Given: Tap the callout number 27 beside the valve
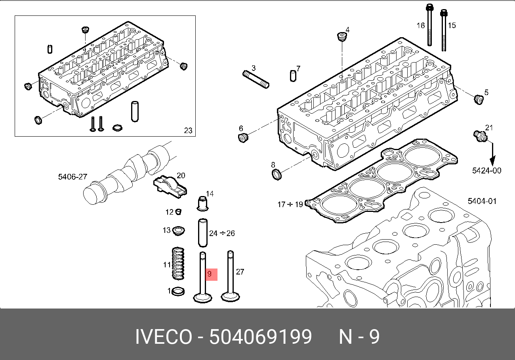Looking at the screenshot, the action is coord(240,272).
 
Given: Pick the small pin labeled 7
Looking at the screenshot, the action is coord(293,75).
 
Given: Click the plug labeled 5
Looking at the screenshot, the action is coord(479,99).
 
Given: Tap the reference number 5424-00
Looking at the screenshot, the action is coord(486,171).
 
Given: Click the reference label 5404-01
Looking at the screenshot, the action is coord(482,201).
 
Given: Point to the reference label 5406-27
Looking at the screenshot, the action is coord(72,177).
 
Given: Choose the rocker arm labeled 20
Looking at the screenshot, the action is coord(170,185).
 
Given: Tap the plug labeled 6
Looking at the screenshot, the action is coord(242,137).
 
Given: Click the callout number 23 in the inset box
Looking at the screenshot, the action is coord(188,131).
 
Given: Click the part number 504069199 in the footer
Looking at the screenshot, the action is coord(261,337).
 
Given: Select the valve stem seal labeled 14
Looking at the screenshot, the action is coord(203,203).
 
